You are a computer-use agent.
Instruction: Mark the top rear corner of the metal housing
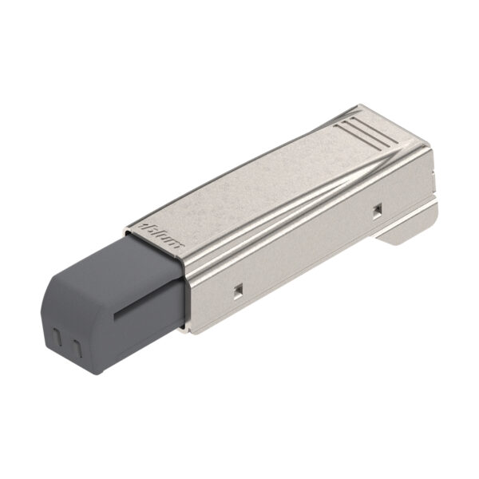pos(364,107)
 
